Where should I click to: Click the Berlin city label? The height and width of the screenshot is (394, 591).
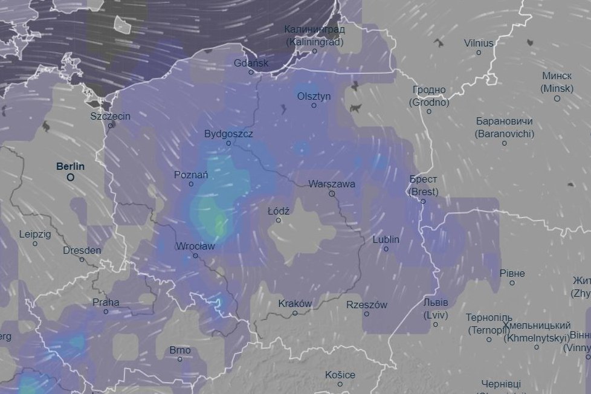(70, 166)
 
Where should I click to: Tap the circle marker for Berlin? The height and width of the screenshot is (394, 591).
(71, 178)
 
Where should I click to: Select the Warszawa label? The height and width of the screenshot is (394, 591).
(332, 184)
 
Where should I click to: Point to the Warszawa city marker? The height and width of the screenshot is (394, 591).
(332, 194)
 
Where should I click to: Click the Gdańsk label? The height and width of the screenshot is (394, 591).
(251, 63)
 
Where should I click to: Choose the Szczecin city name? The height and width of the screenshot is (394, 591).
(110, 116)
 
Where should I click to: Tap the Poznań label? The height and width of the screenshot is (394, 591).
(191, 175)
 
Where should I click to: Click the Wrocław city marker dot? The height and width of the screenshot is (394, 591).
(195, 256)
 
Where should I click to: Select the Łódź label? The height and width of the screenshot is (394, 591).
(279, 211)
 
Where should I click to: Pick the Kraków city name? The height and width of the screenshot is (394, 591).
(295, 303)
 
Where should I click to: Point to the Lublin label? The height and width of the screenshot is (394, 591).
(386, 239)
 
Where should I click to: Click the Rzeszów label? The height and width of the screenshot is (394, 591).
(367, 305)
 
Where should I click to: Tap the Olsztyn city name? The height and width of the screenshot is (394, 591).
(314, 96)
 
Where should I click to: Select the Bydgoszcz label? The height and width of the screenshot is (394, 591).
(228, 134)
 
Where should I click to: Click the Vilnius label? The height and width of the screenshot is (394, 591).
(479, 43)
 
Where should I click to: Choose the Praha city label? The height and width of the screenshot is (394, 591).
(106, 302)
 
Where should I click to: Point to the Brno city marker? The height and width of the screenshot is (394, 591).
(180, 359)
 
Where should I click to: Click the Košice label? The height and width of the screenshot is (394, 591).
(340, 375)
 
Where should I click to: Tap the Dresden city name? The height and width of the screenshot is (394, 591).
(82, 250)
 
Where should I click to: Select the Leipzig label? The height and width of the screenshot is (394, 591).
(35, 234)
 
